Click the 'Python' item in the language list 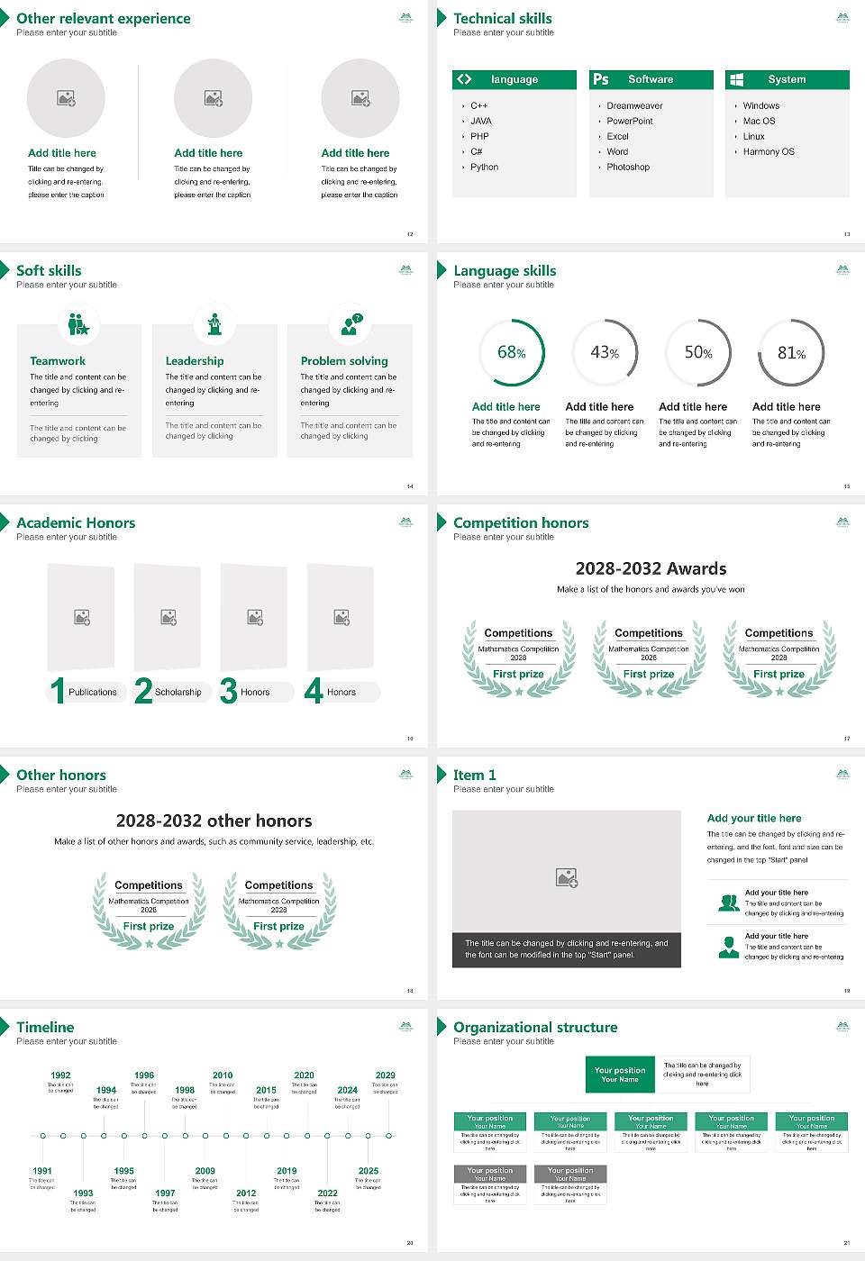click(484, 168)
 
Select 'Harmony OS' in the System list click(769, 152)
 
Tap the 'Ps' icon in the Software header click(601, 79)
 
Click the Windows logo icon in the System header click(736, 79)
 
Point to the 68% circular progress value click(512, 352)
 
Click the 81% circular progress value click(791, 353)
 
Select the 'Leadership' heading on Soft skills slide click(195, 361)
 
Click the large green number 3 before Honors click(229, 691)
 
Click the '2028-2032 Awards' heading click(651, 568)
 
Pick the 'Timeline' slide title click(45, 1027)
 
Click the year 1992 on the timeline click(60, 1075)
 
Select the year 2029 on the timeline click(385, 1075)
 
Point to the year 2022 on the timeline click(327, 1193)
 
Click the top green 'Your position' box click(620, 1075)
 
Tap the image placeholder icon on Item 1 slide click(567, 876)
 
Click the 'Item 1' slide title click(474, 775)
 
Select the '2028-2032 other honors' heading click(214, 821)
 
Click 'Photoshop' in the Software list click(627, 168)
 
